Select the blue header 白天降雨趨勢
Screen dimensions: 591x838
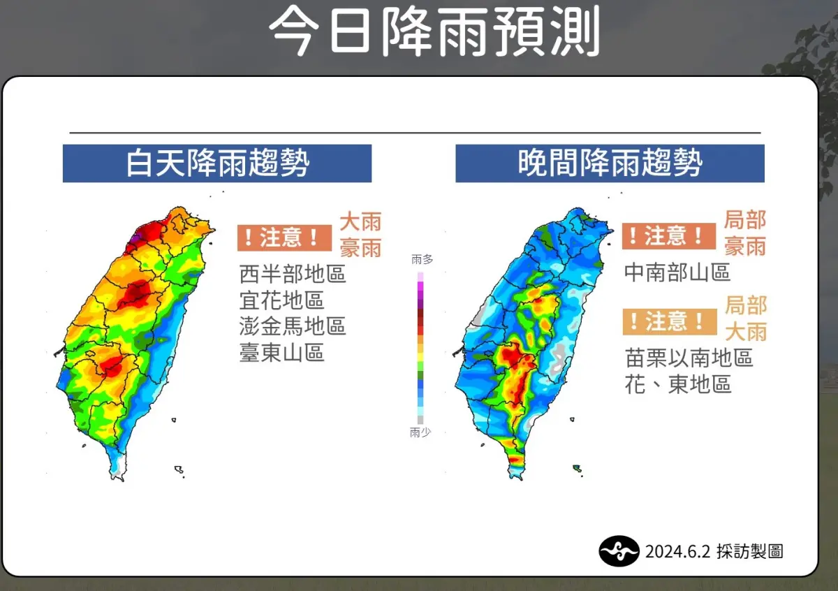(x=217, y=163)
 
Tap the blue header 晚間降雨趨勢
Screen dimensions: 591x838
(x=610, y=163)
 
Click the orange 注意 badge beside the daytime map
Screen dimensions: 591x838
(x=284, y=238)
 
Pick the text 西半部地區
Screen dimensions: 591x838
(x=293, y=273)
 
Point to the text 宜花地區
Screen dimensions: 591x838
(x=281, y=300)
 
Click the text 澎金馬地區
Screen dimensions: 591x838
(x=293, y=326)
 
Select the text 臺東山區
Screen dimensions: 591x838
(x=281, y=353)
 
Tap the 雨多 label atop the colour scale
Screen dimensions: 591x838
(x=422, y=259)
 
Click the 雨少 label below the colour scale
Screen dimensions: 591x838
(x=420, y=433)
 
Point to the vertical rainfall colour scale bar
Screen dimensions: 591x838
(x=420, y=346)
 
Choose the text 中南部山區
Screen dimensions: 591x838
(x=677, y=272)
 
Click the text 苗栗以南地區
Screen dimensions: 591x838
(x=689, y=358)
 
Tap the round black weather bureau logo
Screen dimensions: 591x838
(x=619, y=551)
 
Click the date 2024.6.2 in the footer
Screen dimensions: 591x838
(x=677, y=551)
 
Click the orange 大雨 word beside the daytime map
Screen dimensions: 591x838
(x=360, y=222)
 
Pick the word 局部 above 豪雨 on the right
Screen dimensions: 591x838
(x=744, y=220)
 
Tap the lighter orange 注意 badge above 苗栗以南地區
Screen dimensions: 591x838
(x=669, y=321)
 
